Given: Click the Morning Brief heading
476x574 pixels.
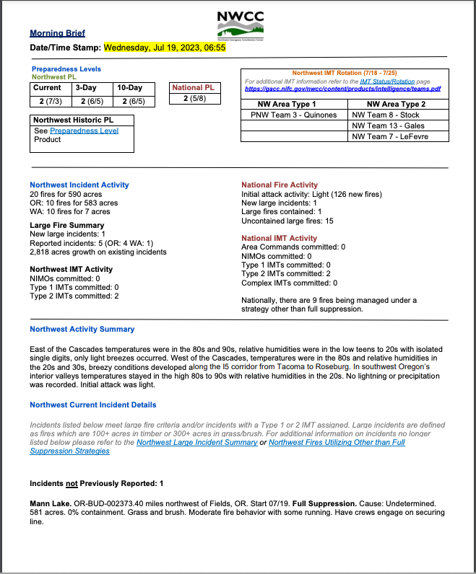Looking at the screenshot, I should [x=57, y=33].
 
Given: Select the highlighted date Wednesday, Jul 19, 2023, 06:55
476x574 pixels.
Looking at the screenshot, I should [x=165, y=48].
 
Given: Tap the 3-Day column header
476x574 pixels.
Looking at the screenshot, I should [x=87, y=88].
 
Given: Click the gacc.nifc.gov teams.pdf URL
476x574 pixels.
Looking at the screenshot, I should [x=343, y=89].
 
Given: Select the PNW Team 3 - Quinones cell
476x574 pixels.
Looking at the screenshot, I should [x=293, y=115].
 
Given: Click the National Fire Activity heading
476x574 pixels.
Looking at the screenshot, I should [x=280, y=185].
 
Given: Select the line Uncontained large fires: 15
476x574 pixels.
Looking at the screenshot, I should [x=287, y=221].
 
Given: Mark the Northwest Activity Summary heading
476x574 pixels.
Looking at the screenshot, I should [x=82, y=330].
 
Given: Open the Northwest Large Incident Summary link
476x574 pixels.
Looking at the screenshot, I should [x=196, y=442].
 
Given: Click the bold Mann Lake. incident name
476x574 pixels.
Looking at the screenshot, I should [x=50, y=500].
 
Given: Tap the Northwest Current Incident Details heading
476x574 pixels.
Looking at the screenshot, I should [x=92, y=405].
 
